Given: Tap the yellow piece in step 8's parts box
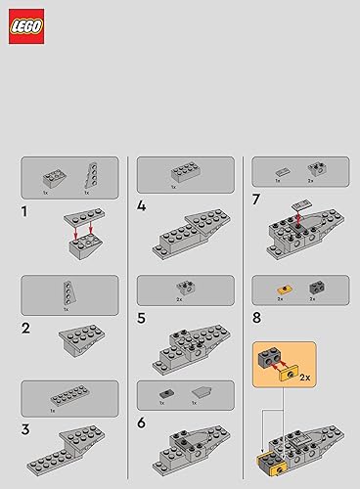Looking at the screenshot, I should tap(281, 289).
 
